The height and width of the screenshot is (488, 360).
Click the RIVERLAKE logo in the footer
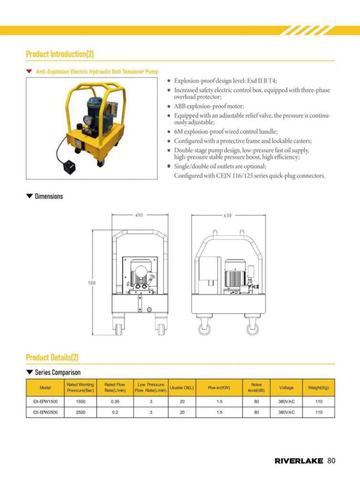click(298, 461)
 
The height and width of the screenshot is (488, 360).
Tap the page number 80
click(332, 461)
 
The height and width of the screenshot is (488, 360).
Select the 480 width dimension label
click(138, 215)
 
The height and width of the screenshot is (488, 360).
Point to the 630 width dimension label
click(227, 215)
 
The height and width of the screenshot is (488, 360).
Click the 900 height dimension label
click(92, 283)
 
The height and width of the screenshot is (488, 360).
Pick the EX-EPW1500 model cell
click(45, 401)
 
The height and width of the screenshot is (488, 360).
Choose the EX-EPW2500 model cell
click(45, 412)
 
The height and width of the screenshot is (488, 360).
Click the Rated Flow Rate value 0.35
click(115, 401)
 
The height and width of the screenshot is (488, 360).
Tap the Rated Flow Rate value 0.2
click(115, 412)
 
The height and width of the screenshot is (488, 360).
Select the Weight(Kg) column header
click(319, 387)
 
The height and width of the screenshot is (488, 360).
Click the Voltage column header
click(286, 387)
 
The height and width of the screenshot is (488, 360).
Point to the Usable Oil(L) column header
click(182, 387)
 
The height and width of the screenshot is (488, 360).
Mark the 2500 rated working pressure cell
click(81, 412)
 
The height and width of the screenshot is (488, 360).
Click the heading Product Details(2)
click(52, 357)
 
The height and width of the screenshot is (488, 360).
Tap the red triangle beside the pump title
click(29, 71)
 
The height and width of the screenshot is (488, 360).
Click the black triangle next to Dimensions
click(30, 196)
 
